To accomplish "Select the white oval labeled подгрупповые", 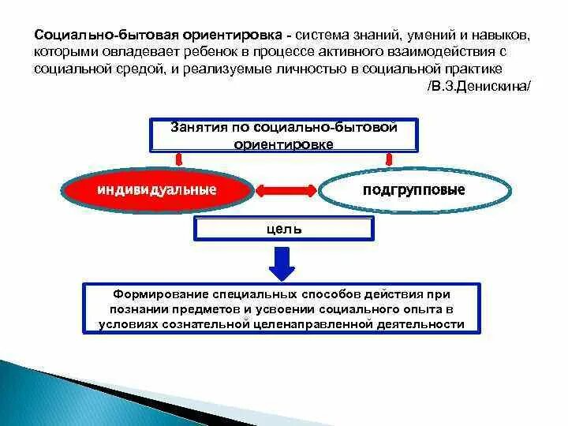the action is click(413, 190).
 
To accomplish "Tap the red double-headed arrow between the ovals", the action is click(285, 190).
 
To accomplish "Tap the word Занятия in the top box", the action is click(200, 127).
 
